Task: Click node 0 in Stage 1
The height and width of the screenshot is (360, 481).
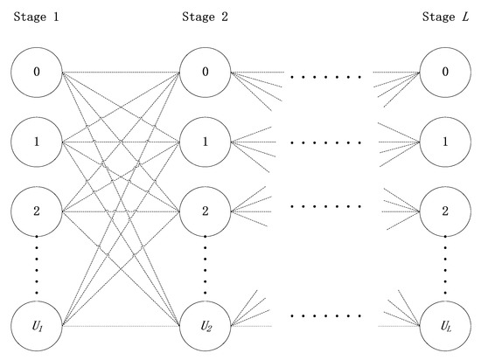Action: tap(37, 71)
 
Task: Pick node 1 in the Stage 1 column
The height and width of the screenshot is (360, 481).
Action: tap(37, 140)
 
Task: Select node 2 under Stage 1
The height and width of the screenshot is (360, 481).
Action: tap(37, 211)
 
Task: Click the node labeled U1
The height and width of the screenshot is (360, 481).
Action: tap(37, 326)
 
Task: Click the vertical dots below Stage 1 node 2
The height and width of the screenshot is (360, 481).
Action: tap(37, 267)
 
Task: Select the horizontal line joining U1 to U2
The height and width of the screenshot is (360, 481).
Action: tap(121, 326)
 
